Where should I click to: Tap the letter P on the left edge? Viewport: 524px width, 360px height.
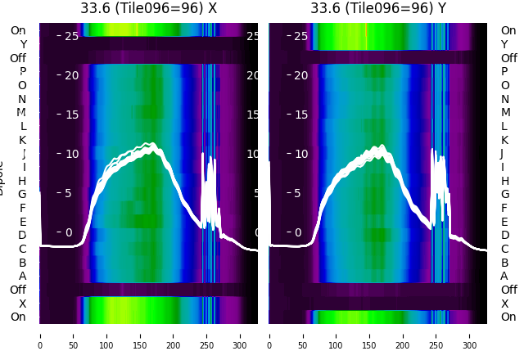coord(23,72)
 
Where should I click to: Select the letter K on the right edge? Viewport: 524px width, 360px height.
coord(504,140)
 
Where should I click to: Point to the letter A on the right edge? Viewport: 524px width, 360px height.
coord(504,276)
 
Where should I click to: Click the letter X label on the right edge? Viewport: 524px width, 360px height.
coord(504,304)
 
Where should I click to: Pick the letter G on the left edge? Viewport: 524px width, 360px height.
coord(22,194)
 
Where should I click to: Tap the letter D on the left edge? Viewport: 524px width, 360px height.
coord(22,235)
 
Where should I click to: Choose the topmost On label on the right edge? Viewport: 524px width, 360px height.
coord(508,30)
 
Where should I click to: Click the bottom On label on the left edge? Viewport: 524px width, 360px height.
coord(18,317)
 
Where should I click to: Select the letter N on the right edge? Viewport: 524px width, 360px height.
coord(504,99)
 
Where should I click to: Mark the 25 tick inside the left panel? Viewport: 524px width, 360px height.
coord(71,36)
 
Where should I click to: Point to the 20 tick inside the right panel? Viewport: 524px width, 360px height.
coord(300,75)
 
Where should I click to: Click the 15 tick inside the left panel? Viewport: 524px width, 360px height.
coord(71,115)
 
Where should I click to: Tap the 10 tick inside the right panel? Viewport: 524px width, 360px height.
coord(300,154)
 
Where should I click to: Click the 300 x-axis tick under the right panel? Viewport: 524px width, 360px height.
coord(471,334)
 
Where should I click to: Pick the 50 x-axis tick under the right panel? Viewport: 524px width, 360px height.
coord(303,334)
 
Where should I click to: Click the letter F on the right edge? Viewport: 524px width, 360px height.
coord(504,208)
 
